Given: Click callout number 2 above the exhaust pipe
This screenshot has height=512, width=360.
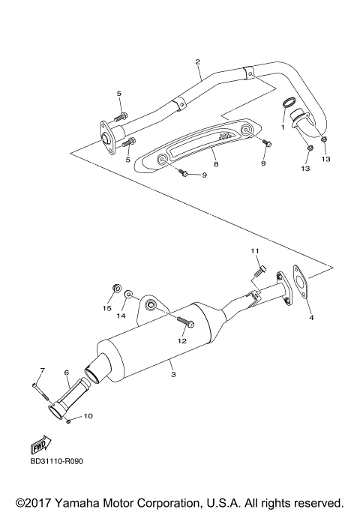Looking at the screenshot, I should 197,61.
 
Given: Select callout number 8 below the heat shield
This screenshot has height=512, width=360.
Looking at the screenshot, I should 214,163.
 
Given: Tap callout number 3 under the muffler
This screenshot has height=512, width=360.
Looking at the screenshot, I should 172,373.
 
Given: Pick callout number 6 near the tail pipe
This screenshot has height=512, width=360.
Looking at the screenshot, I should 66,373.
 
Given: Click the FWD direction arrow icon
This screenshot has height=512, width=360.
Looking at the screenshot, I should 42,442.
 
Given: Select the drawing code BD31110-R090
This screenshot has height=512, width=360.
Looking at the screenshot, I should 56,461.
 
